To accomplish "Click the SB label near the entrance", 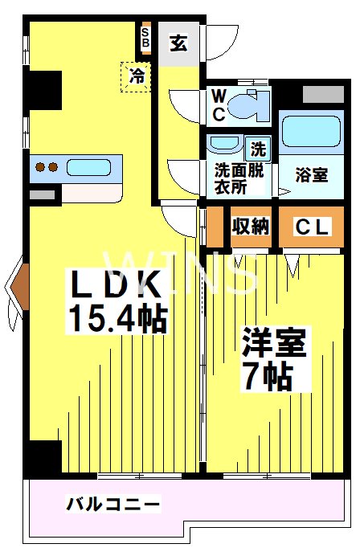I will pyautogui.click(x=145, y=38).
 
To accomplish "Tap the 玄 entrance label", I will pyautogui.click(x=178, y=43).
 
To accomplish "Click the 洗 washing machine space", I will pyautogui.click(x=258, y=149).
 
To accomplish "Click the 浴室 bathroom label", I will pyautogui.click(x=311, y=174).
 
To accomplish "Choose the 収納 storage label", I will pyautogui.click(x=250, y=227).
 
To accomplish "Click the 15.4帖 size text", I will pyautogui.click(x=117, y=319).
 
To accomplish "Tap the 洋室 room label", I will pyautogui.click(x=274, y=344).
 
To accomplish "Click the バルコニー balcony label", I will pyautogui.click(x=112, y=505).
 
